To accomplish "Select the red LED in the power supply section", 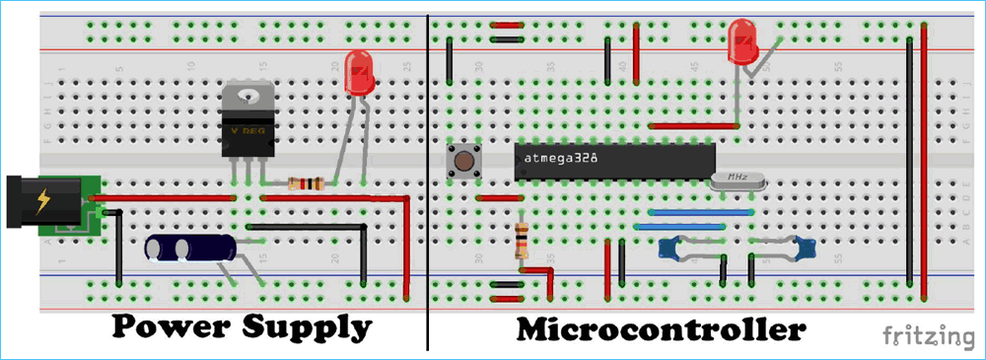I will click(358, 75).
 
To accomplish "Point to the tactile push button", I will click(460, 161).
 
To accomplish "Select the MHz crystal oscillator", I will click(737, 179).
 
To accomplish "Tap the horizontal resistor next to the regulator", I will click(304, 183).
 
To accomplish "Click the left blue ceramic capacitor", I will click(673, 250).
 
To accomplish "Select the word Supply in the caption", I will click(306, 327).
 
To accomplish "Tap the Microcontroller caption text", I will click(661, 328).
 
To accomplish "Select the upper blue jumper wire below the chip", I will click(687, 211).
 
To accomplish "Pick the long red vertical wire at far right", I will click(924, 158).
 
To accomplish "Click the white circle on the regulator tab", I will click(248, 97).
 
